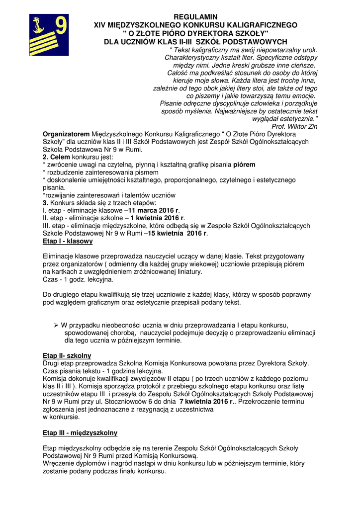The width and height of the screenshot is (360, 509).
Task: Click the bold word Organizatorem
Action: pyautogui.click(x=66, y=134)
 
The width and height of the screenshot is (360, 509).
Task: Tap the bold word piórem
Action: pyautogui.click(x=245, y=165)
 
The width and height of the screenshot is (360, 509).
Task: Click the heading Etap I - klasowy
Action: pyautogui.click(x=68, y=241)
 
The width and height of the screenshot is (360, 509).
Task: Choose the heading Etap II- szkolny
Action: pyautogui.click(x=67, y=355)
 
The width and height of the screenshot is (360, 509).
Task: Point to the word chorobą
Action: pyautogui.click(x=120, y=333)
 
